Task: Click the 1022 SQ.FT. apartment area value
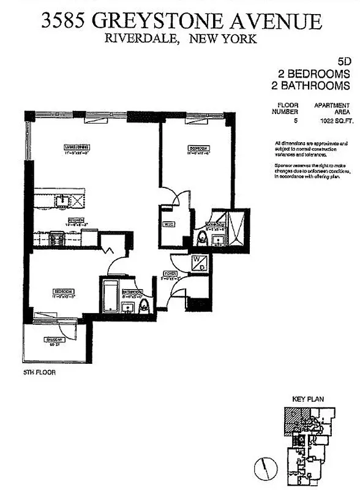332,121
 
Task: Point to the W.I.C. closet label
168,225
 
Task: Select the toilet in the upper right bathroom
202,237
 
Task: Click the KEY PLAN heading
309,399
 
